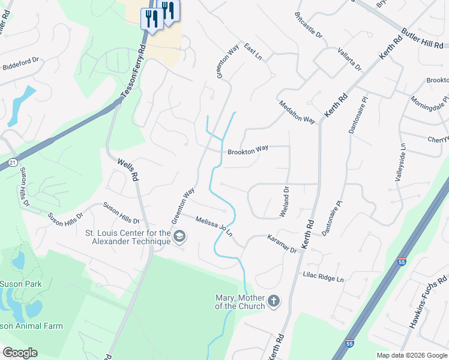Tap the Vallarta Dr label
click(x=349, y=59)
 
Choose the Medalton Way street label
click(x=297, y=112)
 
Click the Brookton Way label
click(x=247, y=151)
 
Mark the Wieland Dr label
click(x=285, y=202)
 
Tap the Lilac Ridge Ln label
click(x=323, y=278)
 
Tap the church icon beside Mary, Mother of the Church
click(x=274, y=301)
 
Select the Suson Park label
click(x=20, y=284)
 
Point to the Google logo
click(x=20, y=353)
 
